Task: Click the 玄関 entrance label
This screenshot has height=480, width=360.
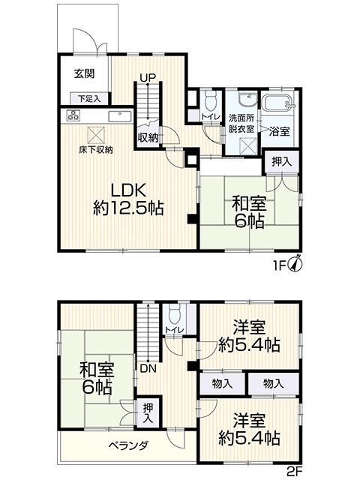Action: pos(84,73)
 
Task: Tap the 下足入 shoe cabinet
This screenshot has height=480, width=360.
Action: pos(89,99)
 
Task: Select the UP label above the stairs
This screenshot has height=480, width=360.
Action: pos(148,78)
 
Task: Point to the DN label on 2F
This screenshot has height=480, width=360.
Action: pos(148,368)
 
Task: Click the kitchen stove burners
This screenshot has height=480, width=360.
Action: pos(73,115)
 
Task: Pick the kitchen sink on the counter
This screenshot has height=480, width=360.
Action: pos(120,116)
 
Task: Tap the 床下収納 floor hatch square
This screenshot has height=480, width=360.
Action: pos(96,135)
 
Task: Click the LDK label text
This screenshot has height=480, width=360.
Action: pos(128,191)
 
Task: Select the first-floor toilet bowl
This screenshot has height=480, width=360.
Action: pos(210,100)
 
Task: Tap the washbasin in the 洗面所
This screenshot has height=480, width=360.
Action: pos(248,99)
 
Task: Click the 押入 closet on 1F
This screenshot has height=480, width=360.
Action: pos(281,162)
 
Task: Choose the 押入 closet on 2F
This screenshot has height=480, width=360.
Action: pos(148,413)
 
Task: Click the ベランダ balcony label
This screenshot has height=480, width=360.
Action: pos(128,445)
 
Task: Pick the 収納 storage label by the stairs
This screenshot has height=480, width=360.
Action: pos(148,138)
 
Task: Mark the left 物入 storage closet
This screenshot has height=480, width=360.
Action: pos(223,383)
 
